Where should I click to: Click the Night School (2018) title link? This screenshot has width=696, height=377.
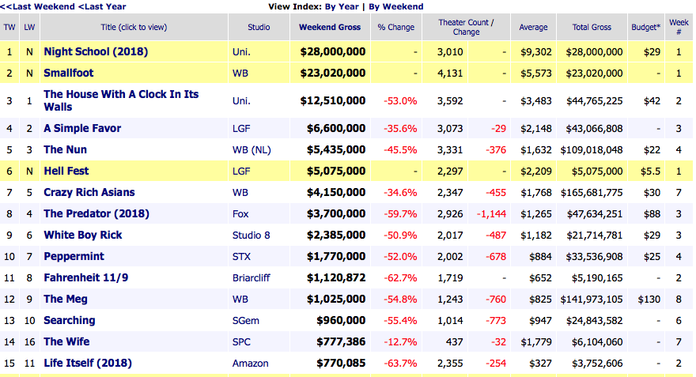pos(96,51)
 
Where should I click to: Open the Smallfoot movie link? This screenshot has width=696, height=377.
pos(68,73)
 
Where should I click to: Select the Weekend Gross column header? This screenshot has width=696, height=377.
pos(330,27)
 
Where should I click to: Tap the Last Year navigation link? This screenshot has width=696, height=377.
pos(102,6)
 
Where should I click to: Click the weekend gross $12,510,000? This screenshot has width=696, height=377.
pos(333,100)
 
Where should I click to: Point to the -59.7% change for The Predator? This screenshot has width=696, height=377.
pos(400,213)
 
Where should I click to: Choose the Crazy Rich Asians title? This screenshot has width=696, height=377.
pos(89,192)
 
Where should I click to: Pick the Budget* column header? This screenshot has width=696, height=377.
pos(646,27)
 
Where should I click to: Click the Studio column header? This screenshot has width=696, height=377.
pos(259,27)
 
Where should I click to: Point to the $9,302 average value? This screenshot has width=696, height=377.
pos(532,51)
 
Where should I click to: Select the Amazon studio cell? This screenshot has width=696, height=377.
pos(251,363)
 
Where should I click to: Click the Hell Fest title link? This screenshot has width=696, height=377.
pos(66,171)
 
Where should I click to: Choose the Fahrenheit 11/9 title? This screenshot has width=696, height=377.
pos(83,277)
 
